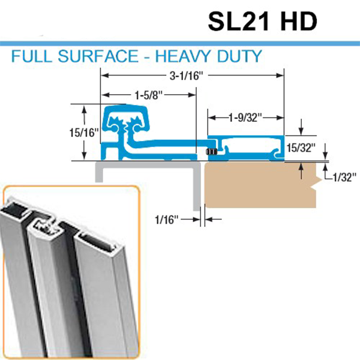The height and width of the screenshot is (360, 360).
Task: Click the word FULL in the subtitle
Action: tap(31, 58)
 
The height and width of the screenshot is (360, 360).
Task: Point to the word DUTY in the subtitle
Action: tap(239, 58)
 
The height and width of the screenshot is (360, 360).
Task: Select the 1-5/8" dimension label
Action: tap(147, 94)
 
